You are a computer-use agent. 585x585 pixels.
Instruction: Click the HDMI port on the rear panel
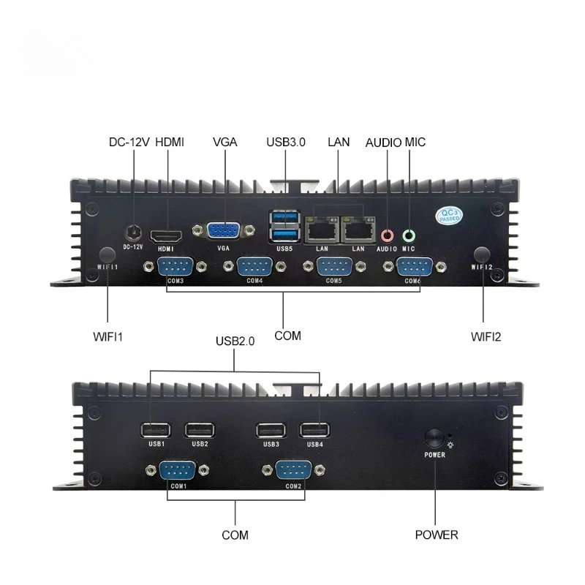point(166,236)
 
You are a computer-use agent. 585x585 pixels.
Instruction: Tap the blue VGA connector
point(223,230)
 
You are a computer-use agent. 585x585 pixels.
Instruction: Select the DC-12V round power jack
point(134,233)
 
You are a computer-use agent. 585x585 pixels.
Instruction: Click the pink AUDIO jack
point(387,235)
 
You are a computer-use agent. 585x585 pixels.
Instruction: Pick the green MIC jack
point(409,235)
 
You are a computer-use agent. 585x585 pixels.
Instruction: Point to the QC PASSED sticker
point(449,216)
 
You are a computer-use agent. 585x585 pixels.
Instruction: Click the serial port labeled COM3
point(175,266)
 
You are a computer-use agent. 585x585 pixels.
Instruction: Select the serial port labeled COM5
point(334,266)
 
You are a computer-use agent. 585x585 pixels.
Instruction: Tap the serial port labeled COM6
point(415,267)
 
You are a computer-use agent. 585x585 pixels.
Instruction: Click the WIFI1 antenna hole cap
point(107,255)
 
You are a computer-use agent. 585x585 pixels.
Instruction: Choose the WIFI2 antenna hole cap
point(482,254)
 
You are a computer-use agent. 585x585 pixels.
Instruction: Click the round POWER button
point(434,438)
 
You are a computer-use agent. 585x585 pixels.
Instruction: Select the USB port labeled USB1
point(156,430)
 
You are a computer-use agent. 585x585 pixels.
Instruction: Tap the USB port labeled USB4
point(314,430)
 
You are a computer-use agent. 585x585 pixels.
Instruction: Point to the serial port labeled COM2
point(293,470)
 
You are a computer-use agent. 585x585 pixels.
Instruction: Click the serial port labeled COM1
point(177,470)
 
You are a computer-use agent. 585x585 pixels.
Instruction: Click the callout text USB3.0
point(286,142)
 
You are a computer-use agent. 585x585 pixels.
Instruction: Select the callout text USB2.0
point(235,341)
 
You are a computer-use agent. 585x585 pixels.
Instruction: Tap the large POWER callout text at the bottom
point(437,535)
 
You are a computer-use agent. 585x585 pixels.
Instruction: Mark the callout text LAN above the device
point(339,142)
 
